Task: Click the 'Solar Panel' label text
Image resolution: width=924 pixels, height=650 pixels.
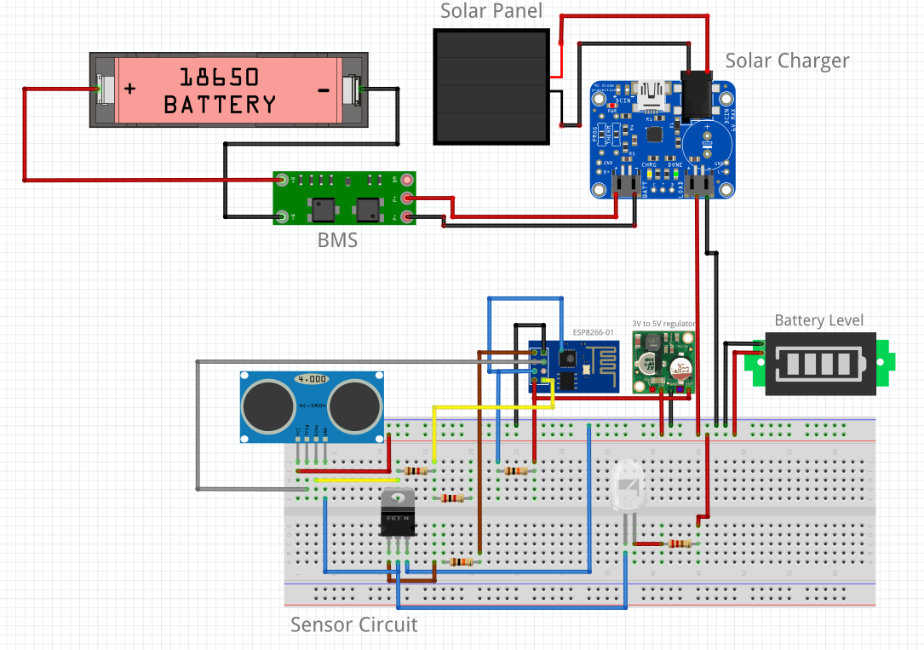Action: pyautogui.click(x=491, y=12)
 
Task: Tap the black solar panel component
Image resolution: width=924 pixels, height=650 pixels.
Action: pyautogui.click(x=491, y=87)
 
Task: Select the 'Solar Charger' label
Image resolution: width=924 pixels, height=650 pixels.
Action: pyautogui.click(x=786, y=61)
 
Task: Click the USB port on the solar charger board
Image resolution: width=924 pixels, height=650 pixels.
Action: pyautogui.click(x=655, y=93)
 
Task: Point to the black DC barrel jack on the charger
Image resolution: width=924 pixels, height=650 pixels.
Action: pyautogui.click(x=697, y=94)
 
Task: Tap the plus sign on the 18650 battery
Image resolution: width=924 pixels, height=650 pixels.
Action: pyautogui.click(x=129, y=89)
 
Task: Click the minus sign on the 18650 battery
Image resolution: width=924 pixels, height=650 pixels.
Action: pyautogui.click(x=324, y=89)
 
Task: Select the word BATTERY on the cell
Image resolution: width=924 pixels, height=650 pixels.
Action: pyautogui.click(x=220, y=105)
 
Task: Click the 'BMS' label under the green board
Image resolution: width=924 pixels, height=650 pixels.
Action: pyautogui.click(x=337, y=240)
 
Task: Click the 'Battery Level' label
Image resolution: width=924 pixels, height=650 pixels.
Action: pyautogui.click(x=818, y=321)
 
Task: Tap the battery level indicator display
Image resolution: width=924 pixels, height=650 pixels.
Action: pyautogui.click(x=819, y=364)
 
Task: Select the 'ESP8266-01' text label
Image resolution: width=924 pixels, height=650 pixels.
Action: pyautogui.click(x=594, y=333)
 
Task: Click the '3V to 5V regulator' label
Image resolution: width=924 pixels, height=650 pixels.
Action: pyautogui.click(x=663, y=324)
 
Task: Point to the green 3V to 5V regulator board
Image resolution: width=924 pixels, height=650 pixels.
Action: pyautogui.click(x=663, y=362)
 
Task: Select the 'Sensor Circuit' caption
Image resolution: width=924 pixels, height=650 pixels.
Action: pyautogui.click(x=353, y=625)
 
